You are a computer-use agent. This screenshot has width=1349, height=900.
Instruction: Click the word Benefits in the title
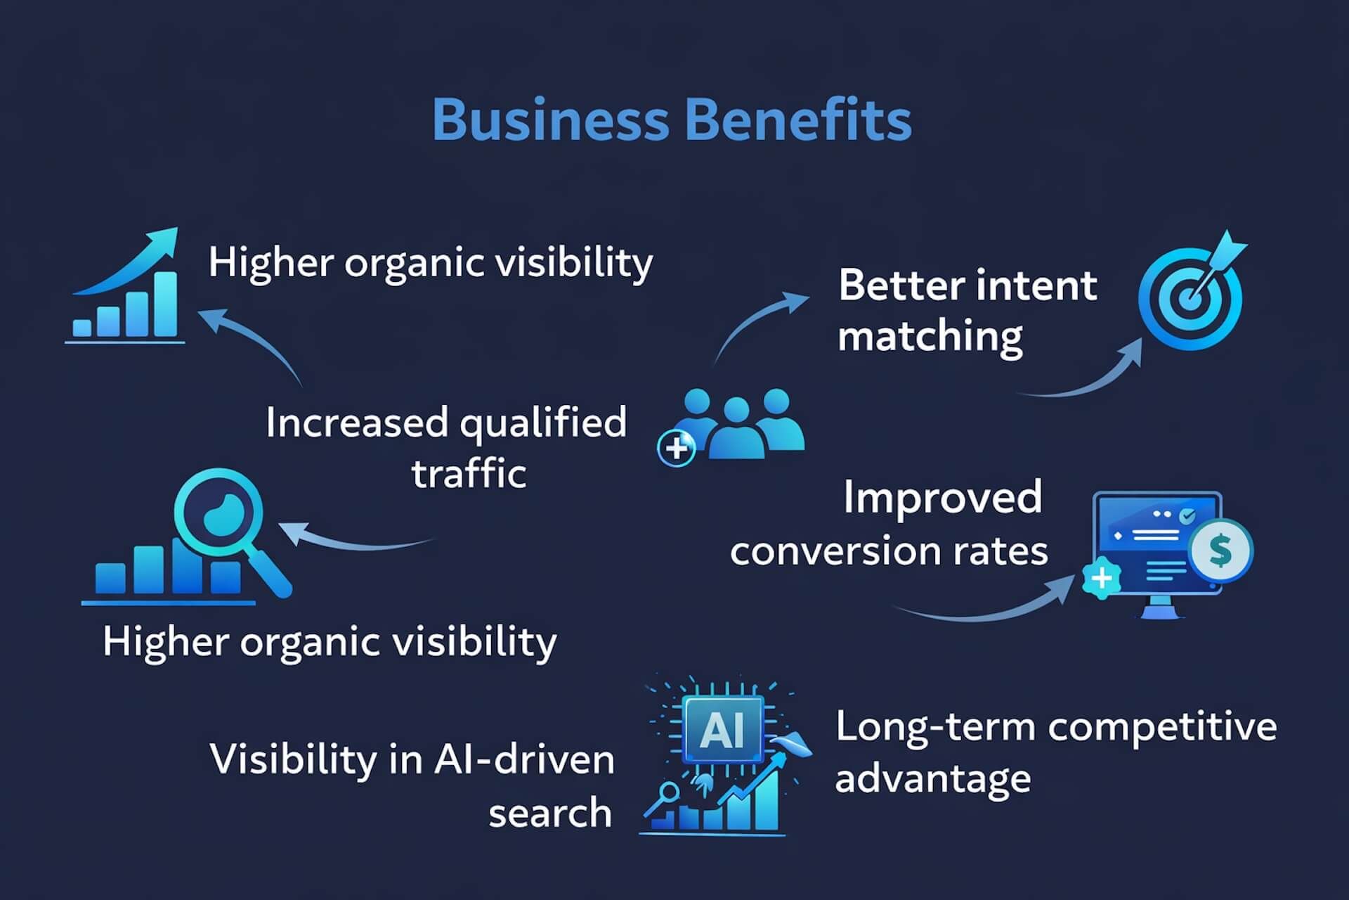[797, 120]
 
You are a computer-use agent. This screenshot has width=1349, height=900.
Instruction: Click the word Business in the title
[551, 120]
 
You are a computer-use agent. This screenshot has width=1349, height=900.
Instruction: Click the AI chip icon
[723, 730]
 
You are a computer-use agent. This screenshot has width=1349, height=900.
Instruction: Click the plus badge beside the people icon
[676, 448]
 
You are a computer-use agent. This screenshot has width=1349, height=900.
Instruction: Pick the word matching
[930, 337]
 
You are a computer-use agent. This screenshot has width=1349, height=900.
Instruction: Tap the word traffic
[469, 472]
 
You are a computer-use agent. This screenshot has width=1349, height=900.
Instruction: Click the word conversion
[835, 551]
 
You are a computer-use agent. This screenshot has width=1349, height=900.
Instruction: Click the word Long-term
[935, 727]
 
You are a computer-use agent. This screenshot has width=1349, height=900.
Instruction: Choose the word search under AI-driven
[550, 813]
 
